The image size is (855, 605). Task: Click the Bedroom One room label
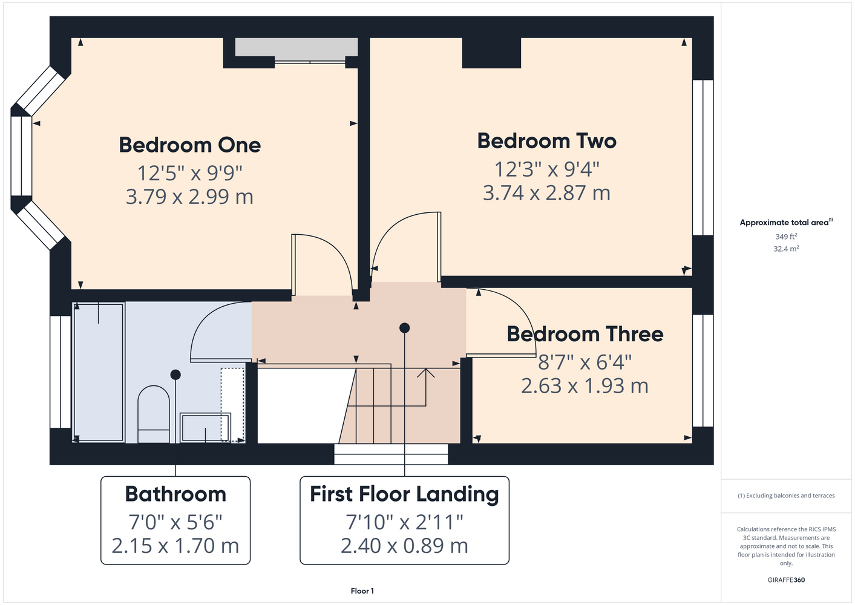[x=190, y=145]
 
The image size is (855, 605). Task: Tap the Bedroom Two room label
[x=546, y=141]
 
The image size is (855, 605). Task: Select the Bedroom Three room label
[x=585, y=334]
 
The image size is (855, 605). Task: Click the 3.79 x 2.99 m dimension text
[x=190, y=197]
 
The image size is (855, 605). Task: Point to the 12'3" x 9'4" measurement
[x=546, y=169]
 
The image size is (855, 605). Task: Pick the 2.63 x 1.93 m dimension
[x=585, y=385]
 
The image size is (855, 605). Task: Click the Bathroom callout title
[x=175, y=494]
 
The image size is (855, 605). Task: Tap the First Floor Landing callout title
[x=404, y=494]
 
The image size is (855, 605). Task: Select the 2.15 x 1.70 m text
[x=175, y=546]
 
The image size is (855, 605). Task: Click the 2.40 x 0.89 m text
[x=404, y=546]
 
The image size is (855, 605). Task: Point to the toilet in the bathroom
[x=154, y=414]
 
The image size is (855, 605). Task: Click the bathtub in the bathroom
[x=99, y=373]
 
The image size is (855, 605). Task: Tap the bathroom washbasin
[x=205, y=428]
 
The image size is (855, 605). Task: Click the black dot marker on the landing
[x=405, y=328]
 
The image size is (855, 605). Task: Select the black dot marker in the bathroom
[x=175, y=375]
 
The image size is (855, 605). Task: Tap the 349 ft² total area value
[x=786, y=237]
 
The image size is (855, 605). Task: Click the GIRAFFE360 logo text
[x=786, y=580]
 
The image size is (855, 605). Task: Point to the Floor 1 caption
[x=362, y=591]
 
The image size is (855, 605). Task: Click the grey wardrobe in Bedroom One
[x=296, y=48]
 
